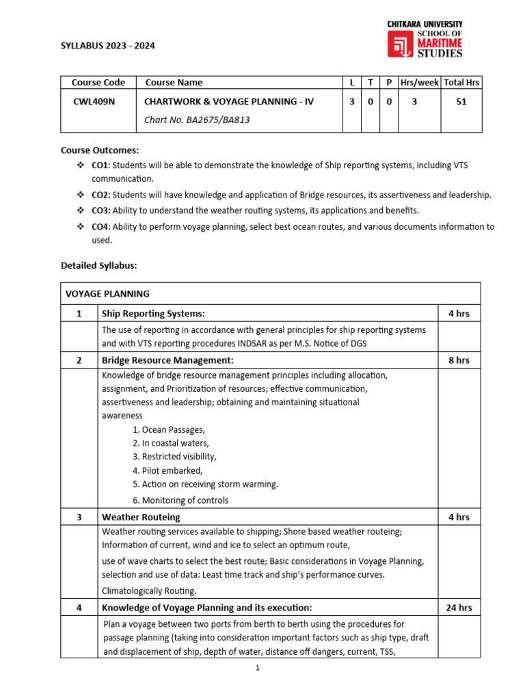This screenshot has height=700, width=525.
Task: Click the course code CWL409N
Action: click(x=98, y=101)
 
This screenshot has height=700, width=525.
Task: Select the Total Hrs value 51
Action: click(x=461, y=101)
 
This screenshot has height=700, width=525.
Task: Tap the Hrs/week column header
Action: click(x=419, y=82)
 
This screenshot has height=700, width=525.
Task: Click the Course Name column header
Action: click(x=174, y=82)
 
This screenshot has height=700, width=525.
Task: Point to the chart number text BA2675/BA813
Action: click(x=192, y=120)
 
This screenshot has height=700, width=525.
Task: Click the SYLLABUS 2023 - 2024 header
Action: click(x=107, y=46)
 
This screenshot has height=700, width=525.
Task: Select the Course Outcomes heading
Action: click(x=99, y=150)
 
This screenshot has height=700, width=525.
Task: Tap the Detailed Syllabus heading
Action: click(x=98, y=265)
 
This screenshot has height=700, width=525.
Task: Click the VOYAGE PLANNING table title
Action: click(x=107, y=293)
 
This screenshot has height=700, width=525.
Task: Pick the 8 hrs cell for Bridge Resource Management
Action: click(x=459, y=360)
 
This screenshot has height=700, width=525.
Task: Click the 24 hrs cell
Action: click(x=459, y=607)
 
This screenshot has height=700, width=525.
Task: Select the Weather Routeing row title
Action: click(x=141, y=517)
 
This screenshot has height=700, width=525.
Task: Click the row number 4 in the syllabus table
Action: click(x=79, y=607)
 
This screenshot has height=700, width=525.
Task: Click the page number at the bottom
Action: click(x=258, y=668)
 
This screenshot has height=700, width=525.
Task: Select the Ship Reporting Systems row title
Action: click(x=153, y=314)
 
